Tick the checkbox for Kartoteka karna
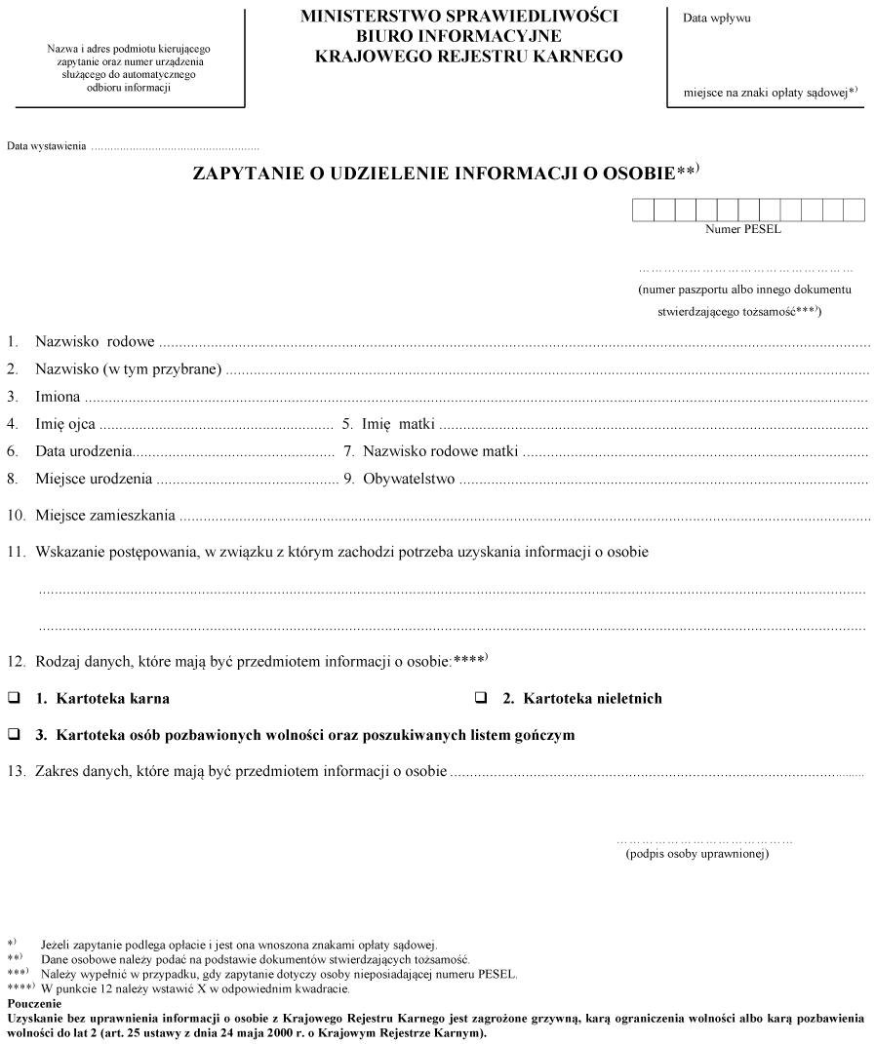click(15, 699)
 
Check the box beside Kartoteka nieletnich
click(481, 699)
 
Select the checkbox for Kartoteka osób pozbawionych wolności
click(15, 734)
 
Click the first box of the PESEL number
click(643, 210)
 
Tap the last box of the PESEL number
click(855, 210)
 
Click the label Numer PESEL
click(743, 230)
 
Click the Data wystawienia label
click(46, 147)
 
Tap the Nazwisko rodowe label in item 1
click(95, 343)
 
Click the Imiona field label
click(58, 397)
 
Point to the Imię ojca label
click(66, 424)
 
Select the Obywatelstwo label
click(409, 479)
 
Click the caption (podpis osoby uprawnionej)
click(697, 854)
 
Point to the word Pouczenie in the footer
click(34, 1002)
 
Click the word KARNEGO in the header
click(577, 57)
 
